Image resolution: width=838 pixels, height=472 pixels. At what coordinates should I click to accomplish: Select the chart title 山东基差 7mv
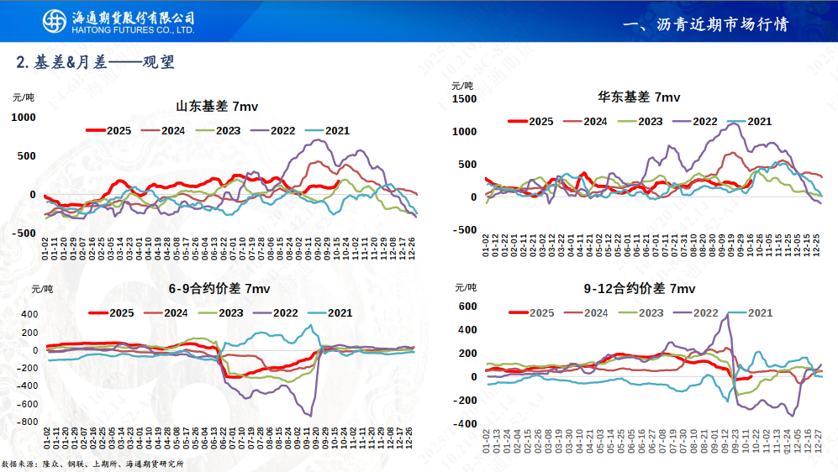click(x=217, y=107)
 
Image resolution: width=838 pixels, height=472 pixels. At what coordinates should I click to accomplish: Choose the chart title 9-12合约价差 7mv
click(x=640, y=289)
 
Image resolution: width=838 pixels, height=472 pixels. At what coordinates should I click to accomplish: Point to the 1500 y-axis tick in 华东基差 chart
click(x=464, y=98)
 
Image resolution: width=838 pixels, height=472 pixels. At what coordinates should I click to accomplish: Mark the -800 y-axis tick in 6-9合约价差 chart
click(x=28, y=422)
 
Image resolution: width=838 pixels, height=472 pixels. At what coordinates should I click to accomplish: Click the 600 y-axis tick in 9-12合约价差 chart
click(x=467, y=307)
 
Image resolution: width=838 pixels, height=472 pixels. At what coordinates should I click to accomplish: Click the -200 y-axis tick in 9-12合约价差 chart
click(x=465, y=400)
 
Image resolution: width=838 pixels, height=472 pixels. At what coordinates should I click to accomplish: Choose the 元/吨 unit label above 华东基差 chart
click(x=462, y=85)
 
